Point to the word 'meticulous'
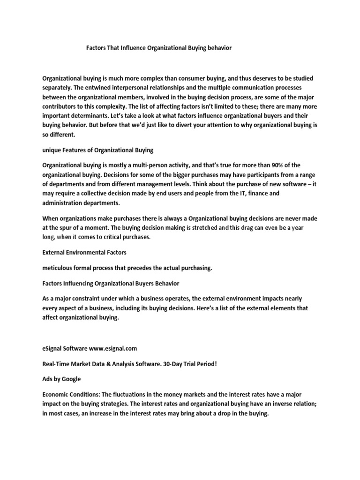(x=59, y=268)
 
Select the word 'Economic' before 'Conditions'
(x=57, y=395)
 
